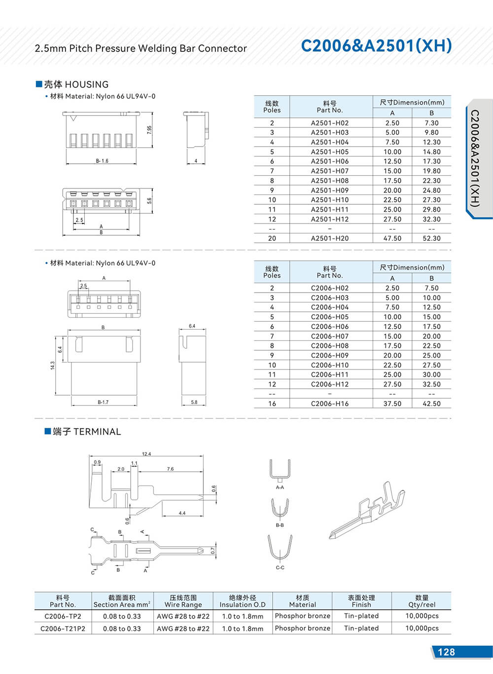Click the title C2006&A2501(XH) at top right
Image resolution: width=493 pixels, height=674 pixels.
(x=376, y=45)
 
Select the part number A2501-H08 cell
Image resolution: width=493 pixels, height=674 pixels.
(x=329, y=181)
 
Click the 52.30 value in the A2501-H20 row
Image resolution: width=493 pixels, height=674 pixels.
(x=431, y=238)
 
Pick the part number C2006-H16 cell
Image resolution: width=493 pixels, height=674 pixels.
(x=329, y=404)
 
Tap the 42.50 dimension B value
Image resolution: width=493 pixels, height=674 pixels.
(x=431, y=404)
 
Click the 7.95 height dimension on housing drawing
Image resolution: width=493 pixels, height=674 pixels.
(x=149, y=130)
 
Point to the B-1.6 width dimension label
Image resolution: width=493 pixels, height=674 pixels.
(x=102, y=161)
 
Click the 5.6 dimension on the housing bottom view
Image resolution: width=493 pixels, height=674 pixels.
(x=149, y=200)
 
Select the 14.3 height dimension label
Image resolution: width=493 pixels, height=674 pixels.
(x=52, y=365)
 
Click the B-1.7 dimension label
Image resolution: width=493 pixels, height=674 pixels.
(x=103, y=402)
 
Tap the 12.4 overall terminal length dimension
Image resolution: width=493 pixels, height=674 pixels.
(x=146, y=454)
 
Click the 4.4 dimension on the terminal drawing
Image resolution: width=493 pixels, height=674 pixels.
(x=182, y=513)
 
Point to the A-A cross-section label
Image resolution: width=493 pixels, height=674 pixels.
(x=280, y=487)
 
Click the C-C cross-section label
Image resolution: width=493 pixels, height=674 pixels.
(x=280, y=568)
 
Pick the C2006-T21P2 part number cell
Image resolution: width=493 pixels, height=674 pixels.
(x=63, y=629)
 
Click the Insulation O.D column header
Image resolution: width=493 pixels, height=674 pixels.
(x=243, y=601)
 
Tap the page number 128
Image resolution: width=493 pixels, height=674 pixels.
(x=446, y=652)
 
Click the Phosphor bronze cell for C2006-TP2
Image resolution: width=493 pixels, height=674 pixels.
(x=302, y=616)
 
